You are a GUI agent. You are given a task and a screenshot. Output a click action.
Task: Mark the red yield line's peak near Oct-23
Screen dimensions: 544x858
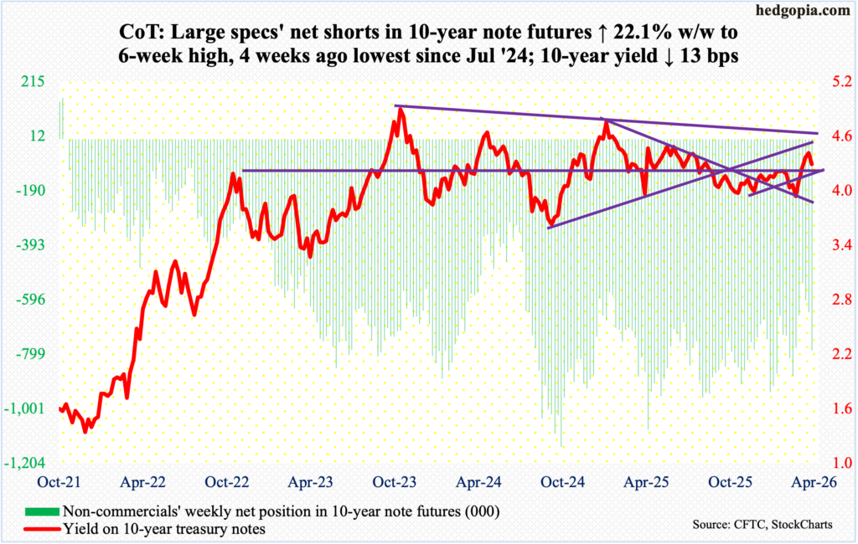401,108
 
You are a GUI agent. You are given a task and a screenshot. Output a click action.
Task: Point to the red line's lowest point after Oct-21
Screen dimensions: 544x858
85,431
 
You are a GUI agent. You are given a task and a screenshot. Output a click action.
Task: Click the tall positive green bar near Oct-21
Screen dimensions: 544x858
61,118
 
